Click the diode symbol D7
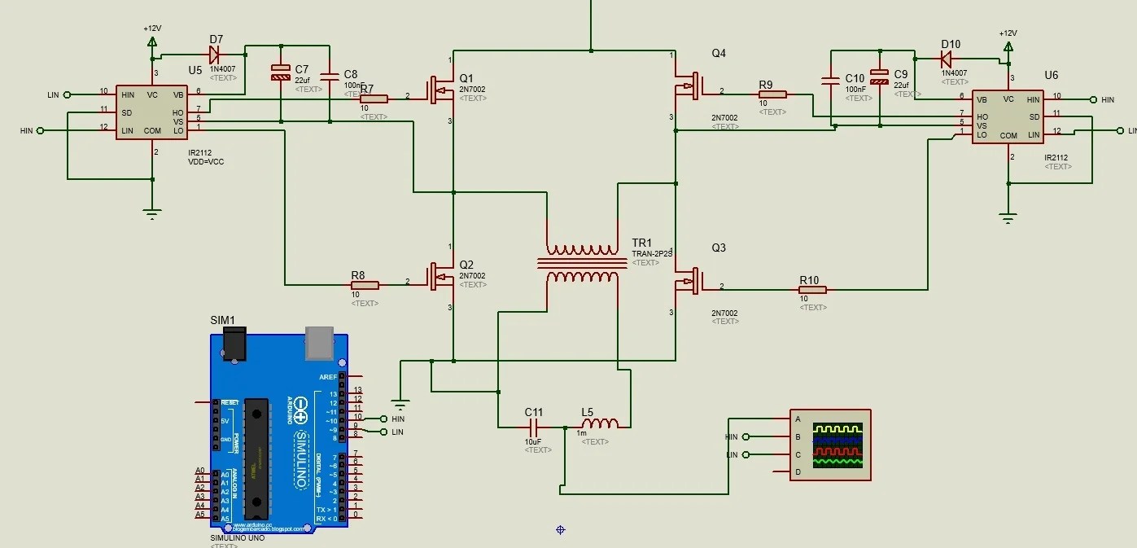(x=215, y=55)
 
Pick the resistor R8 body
(x=365, y=285)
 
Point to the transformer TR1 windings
(x=582, y=263)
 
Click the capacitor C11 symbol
(x=535, y=426)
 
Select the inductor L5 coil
(x=599, y=423)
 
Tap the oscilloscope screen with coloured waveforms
(x=838, y=445)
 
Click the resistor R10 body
(x=812, y=289)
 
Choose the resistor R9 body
(x=772, y=94)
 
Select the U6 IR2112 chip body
(x=1008, y=117)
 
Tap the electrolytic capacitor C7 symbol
(x=280, y=73)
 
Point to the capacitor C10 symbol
(x=831, y=80)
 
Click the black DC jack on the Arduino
(x=235, y=345)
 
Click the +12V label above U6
(x=1008, y=33)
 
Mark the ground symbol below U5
(x=151, y=215)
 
